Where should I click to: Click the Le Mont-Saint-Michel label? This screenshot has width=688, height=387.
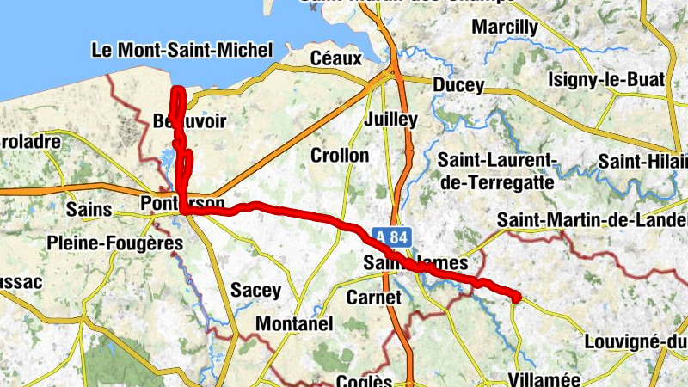181,51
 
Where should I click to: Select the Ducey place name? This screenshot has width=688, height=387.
458,87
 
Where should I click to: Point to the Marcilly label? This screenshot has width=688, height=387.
505,28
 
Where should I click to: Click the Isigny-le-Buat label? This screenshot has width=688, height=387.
606,80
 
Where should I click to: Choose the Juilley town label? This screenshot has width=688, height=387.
390,119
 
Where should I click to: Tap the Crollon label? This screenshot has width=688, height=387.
340,156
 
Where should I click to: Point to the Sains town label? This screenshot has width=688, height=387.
89,209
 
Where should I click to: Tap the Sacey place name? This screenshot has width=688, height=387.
256,291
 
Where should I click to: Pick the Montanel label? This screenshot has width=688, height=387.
294,325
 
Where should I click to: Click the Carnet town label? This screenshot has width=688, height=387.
373,298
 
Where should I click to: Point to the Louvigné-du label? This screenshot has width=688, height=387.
636,341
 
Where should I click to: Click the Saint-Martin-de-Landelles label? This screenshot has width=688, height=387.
593,221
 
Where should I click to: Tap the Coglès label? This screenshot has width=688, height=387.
365,381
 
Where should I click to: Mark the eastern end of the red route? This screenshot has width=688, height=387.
516,298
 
